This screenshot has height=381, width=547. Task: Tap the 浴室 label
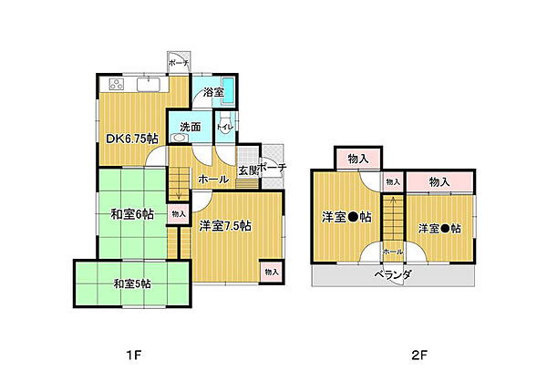(213, 92)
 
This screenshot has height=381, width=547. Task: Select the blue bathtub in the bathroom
(230, 91)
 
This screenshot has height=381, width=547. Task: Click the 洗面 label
(190, 128)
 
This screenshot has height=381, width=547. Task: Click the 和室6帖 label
(132, 215)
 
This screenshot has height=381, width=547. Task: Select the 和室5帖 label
(133, 284)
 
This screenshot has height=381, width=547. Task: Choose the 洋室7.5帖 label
(225, 226)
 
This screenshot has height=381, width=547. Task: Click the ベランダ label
(393, 274)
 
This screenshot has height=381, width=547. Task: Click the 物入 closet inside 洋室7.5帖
(271, 272)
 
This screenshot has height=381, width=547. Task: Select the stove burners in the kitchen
(117, 85)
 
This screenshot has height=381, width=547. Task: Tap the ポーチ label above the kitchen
(180, 64)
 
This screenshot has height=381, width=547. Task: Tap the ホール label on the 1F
(213, 180)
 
